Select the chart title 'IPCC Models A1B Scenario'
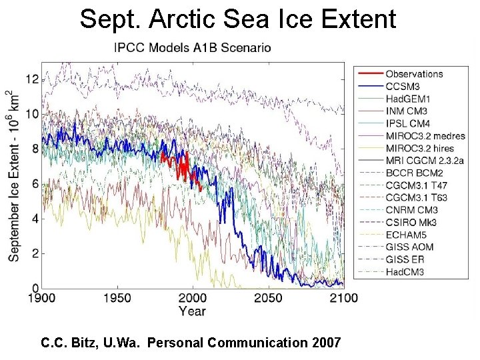[x=193, y=47]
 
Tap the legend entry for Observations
[x=413, y=74]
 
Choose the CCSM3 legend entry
[x=403, y=86]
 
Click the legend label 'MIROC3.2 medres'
[x=425, y=135]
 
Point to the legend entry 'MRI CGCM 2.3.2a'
[x=425, y=160]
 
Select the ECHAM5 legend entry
[x=406, y=235]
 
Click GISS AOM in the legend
[x=409, y=247]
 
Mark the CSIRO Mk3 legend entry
[x=409, y=222]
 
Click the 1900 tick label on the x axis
[x=42, y=297]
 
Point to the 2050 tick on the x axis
[x=268, y=297]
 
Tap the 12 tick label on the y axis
[x=31, y=79]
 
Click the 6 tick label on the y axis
[x=35, y=184]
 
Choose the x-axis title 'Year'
[x=192, y=311]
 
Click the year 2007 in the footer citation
[x=325, y=343]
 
